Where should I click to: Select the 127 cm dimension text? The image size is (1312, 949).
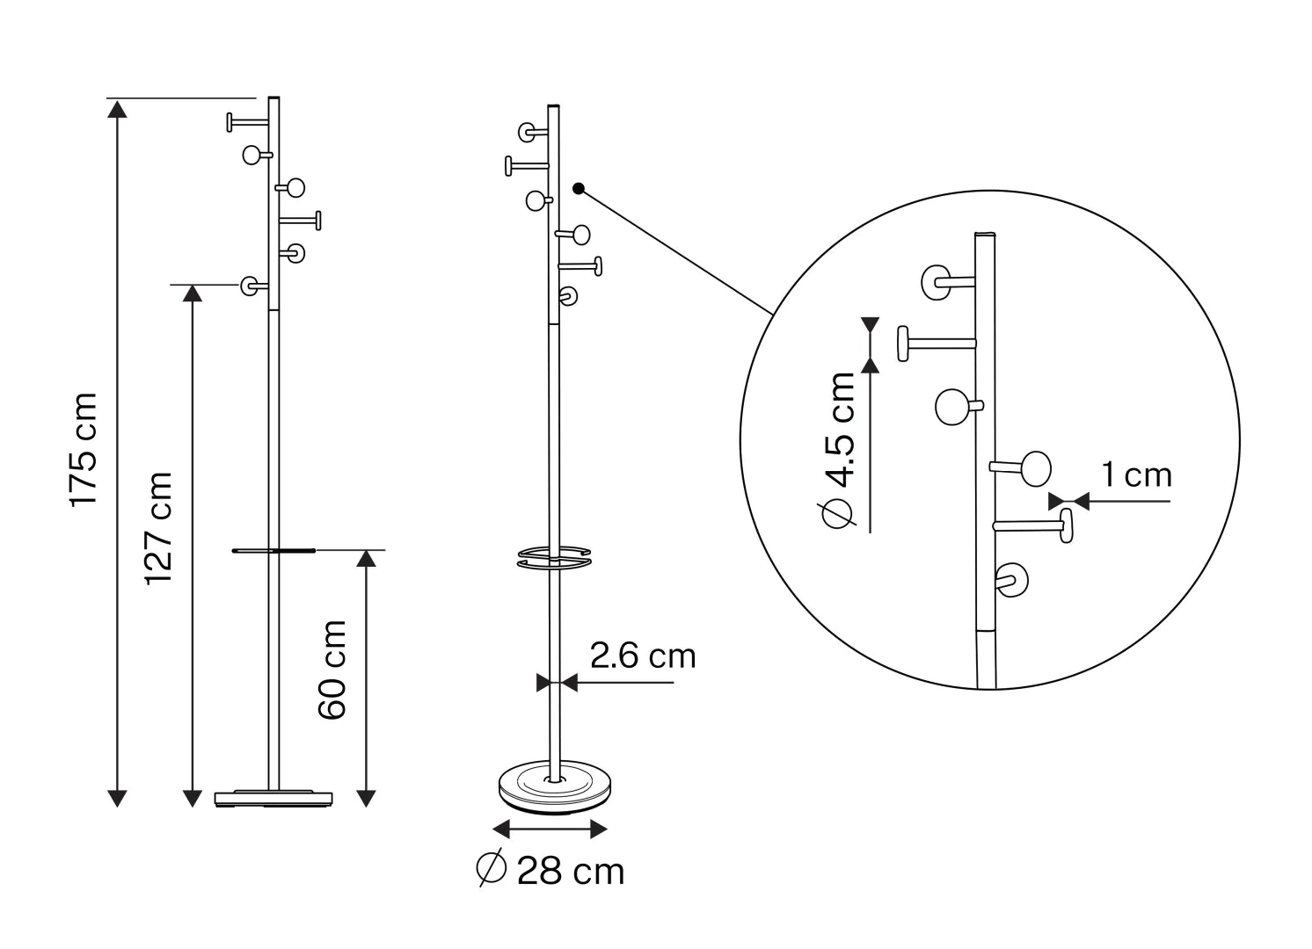coord(158,528)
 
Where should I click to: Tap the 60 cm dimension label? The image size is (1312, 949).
coord(332,670)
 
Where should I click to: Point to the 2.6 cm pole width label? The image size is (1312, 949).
coord(643,656)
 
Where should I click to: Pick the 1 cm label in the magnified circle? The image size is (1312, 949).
coord(1136,474)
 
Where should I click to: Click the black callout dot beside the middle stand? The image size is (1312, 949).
coord(579,189)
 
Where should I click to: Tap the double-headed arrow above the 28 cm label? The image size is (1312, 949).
coord(550,829)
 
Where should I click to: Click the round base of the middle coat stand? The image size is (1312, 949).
coord(555,786)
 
